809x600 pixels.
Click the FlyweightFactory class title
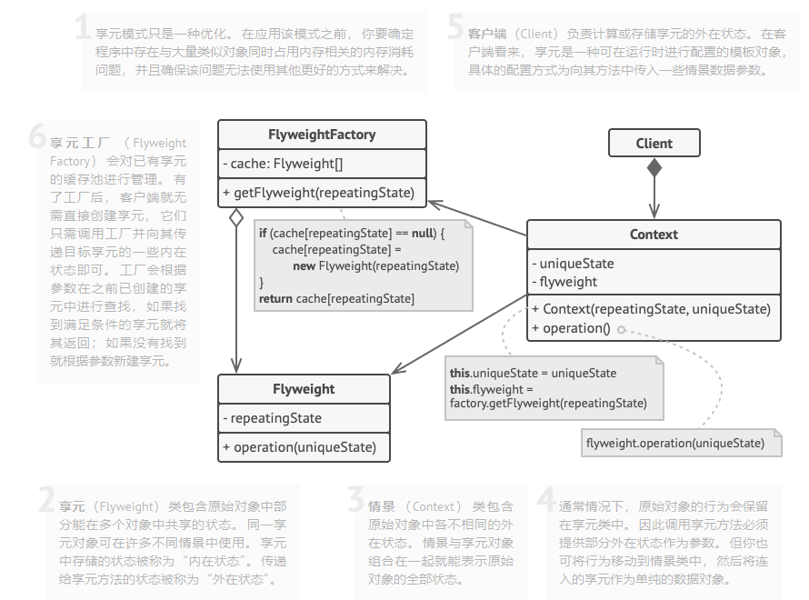(x=322, y=135)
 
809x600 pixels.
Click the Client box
(x=654, y=143)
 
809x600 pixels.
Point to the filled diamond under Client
(x=654, y=167)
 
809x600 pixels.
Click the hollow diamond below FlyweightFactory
(x=236, y=217)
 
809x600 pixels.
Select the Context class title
(x=654, y=235)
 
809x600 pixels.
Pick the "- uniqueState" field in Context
(x=573, y=264)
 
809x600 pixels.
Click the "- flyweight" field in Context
(x=564, y=282)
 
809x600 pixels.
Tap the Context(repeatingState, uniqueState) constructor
(x=651, y=309)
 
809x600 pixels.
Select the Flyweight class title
(x=304, y=389)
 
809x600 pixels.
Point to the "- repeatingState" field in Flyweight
(x=271, y=418)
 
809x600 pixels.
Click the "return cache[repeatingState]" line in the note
(x=336, y=298)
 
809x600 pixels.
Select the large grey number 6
(x=37, y=138)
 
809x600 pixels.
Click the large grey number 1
(x=82, y=27)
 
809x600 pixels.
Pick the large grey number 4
(x=545, y=500)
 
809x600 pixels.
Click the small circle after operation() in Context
(x=622, y=329)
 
